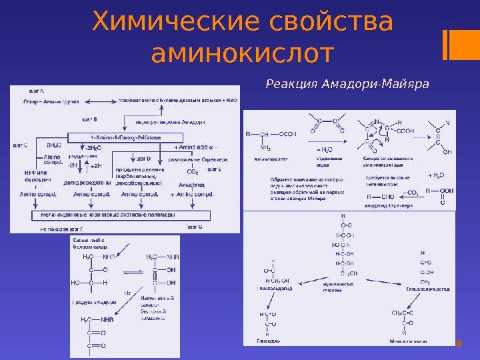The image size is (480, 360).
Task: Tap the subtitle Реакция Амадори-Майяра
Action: point(347,85)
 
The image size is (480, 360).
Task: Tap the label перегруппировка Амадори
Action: point(170,122)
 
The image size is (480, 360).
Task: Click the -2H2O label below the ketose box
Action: point(93,147)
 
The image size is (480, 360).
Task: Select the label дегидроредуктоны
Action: point(87,182)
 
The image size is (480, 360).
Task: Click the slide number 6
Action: point(459,344)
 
